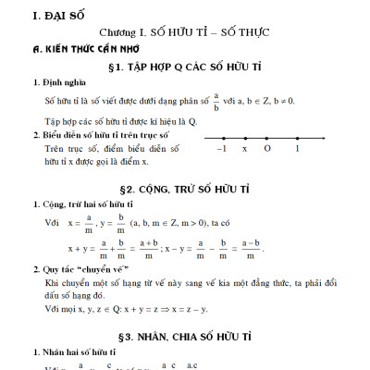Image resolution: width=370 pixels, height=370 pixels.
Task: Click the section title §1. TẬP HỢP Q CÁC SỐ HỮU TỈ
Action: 185,67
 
